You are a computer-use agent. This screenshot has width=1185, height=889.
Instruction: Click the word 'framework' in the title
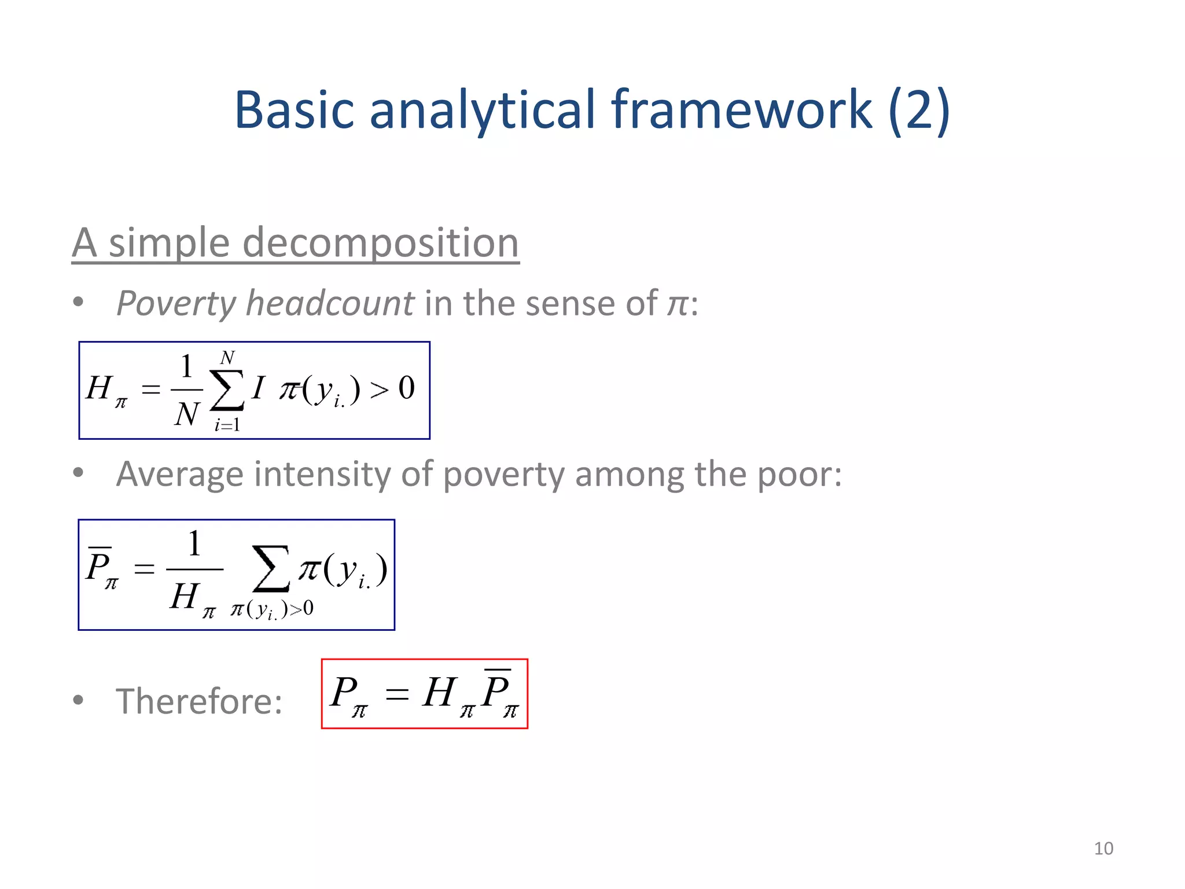pos(741,110)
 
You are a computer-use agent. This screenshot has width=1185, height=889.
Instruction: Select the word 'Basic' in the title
pos(294,110)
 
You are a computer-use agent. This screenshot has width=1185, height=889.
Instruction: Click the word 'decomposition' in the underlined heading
pos(380,243)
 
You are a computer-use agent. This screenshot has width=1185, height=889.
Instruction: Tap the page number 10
pos(1103,848)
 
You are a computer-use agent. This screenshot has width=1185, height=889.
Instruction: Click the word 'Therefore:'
pos(199,701)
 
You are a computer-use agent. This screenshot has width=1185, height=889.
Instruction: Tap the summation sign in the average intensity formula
pos(271,568)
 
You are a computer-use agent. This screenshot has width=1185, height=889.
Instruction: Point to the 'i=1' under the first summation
pos(227,425)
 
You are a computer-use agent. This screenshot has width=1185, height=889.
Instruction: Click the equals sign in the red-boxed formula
pos(397,693)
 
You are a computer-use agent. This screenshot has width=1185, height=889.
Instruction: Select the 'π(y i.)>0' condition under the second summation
pos(272,609)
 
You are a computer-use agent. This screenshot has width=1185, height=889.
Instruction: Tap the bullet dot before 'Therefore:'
pos(78,700)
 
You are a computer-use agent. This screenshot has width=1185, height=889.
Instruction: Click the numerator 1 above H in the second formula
pos(194,544)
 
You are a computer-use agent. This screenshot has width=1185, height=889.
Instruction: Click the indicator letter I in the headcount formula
pos(258,387)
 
